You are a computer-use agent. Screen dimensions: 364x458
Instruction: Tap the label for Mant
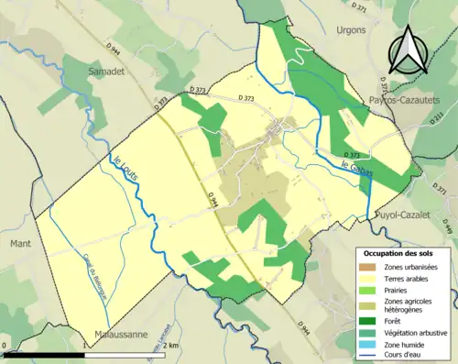[20, 245]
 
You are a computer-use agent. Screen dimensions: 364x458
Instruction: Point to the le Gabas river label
[353, 169]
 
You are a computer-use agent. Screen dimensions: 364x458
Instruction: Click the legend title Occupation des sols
[402, 252]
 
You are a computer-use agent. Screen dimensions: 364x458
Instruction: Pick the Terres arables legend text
[409, 278]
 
